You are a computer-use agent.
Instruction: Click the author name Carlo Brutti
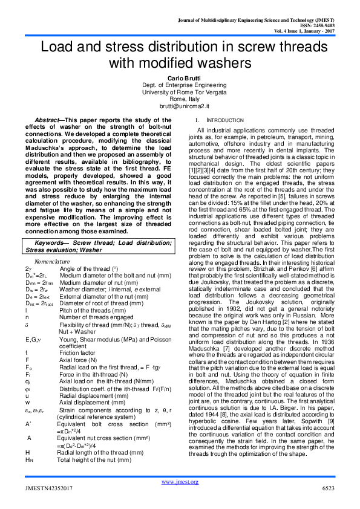tap(179, 79)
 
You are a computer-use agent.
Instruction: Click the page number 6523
tap(328, 487)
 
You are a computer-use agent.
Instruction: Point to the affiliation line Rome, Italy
tap(179, 98)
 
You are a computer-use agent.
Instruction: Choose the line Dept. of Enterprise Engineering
tap(179, 85)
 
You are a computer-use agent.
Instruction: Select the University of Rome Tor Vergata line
tap(179, 91)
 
